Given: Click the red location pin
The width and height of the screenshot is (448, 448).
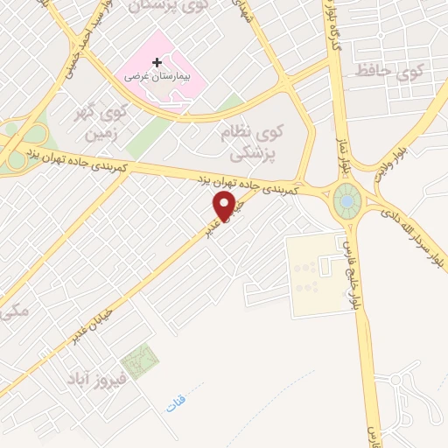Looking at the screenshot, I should coord(224,208).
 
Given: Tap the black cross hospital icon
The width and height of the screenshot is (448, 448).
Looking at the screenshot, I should coord(157,63).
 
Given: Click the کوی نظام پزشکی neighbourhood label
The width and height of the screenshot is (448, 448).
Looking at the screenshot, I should coord(262,143).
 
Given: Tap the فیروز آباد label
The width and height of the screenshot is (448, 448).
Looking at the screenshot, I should coord(97,379).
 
